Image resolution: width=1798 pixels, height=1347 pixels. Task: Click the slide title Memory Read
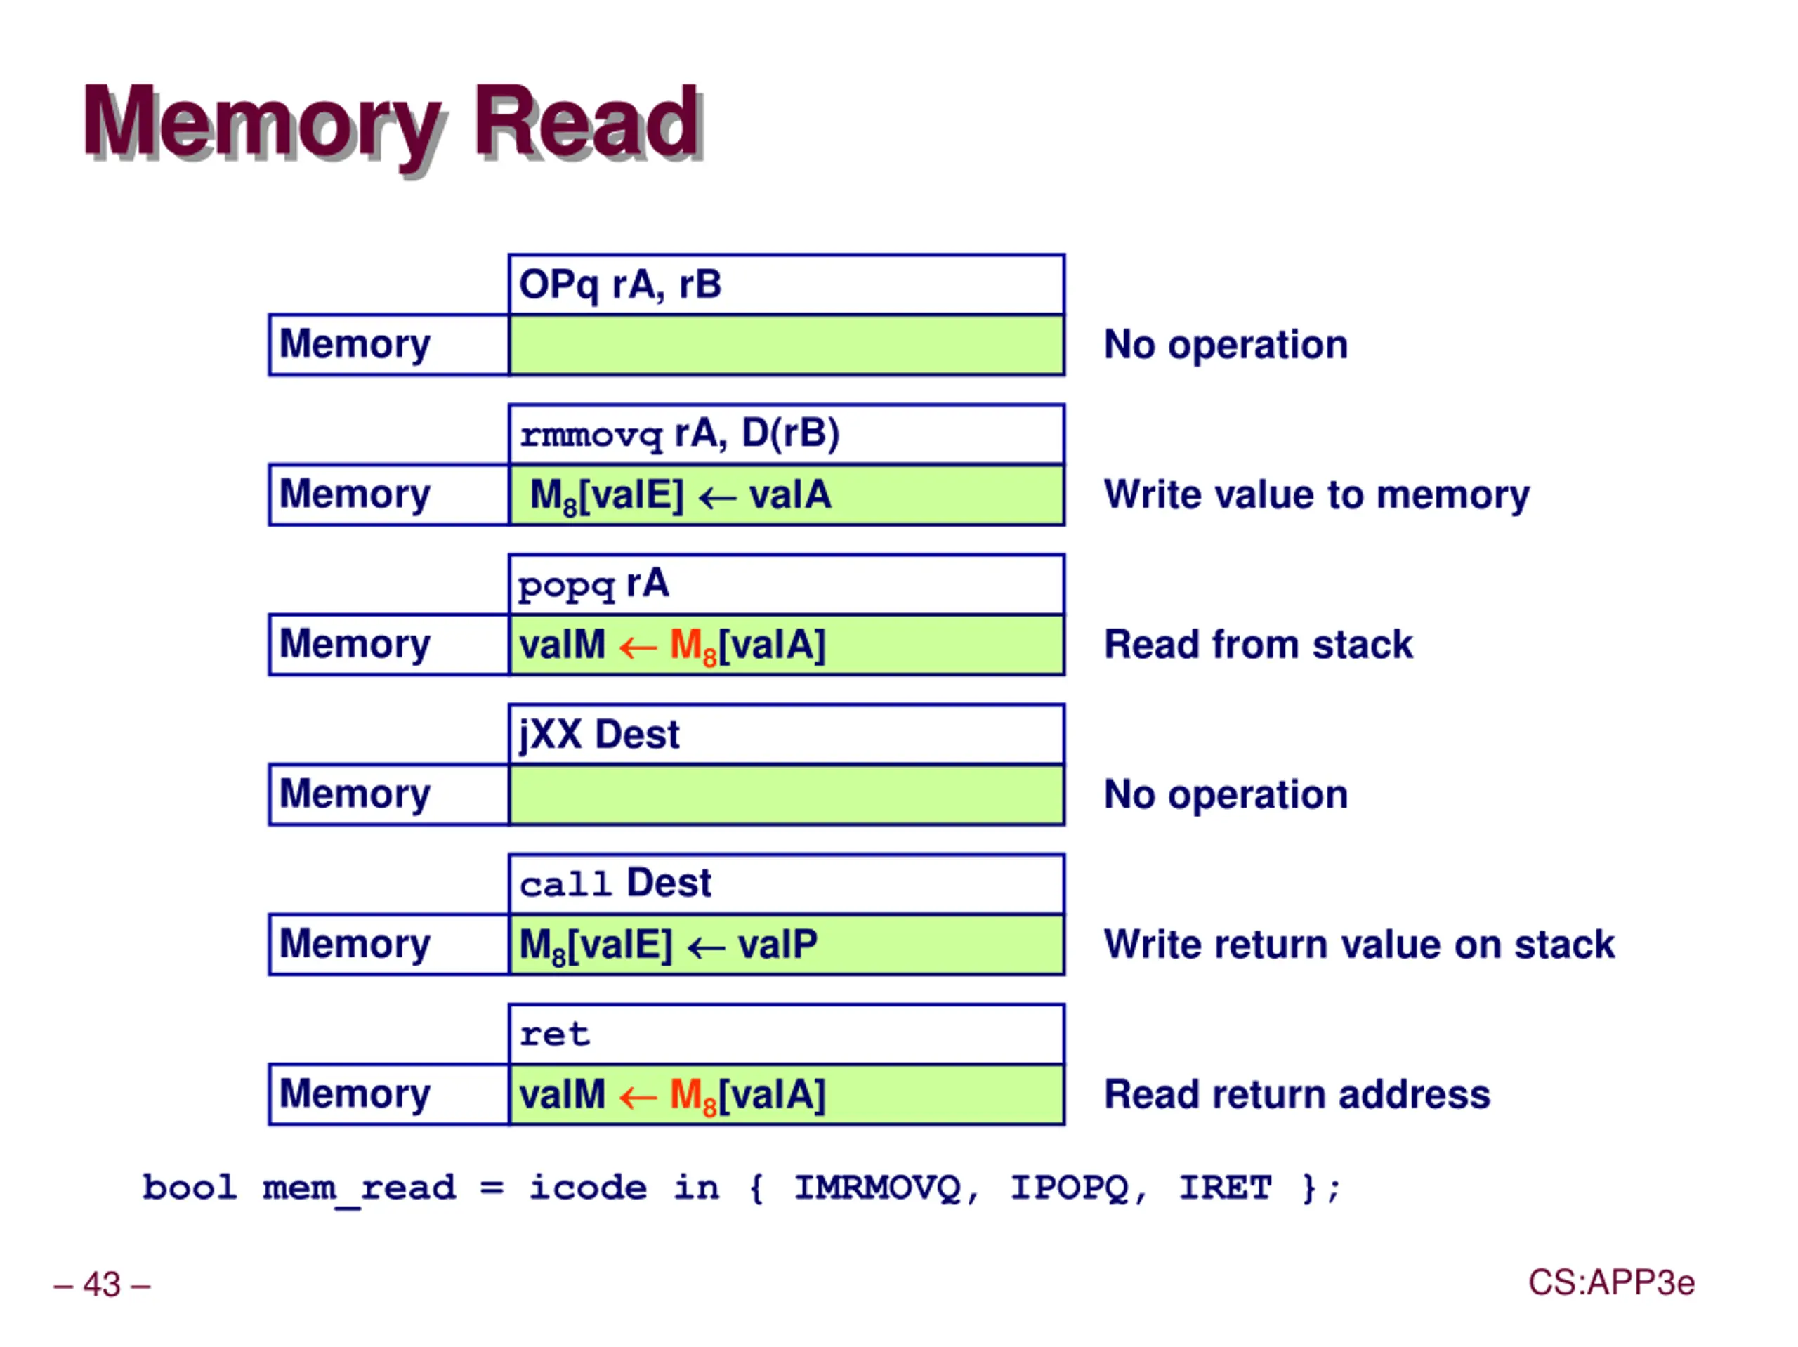393,124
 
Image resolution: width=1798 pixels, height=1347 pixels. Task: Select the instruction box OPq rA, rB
786,284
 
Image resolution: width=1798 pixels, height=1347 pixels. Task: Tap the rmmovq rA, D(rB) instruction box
786,434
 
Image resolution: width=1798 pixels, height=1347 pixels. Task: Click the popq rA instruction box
786,584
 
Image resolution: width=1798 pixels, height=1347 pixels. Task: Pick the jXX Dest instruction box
786,734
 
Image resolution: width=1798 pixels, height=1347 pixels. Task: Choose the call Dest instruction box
786,883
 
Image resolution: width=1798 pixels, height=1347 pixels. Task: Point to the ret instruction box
786,1034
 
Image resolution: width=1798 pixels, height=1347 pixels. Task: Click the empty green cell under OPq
786,346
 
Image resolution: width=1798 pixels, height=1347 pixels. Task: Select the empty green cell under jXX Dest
786,795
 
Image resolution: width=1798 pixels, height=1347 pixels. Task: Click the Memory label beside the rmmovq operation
355,494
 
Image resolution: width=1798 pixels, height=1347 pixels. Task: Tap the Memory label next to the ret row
355,1094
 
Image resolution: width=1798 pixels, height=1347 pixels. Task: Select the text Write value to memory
1317,495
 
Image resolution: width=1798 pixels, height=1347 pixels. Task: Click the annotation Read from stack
1259,645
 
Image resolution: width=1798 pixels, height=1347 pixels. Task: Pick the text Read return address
1297,1094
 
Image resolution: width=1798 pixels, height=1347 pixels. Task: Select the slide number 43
103,1284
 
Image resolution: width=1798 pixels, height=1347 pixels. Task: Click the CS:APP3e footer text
1611,1283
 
